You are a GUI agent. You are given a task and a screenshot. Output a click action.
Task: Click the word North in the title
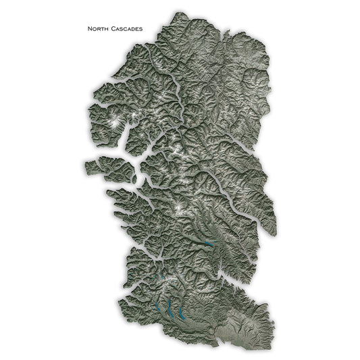point(98,29)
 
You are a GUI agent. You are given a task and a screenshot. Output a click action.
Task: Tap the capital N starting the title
point(89,29)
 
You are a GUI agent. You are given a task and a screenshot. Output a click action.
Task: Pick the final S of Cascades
point(141,29)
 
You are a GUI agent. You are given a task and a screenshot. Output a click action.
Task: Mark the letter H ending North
point(107,29)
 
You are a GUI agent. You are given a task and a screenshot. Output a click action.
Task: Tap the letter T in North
point(103,29)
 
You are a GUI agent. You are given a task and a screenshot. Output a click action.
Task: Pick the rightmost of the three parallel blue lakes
point(181,312)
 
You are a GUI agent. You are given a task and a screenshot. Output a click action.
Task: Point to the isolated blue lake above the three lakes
point(209,242)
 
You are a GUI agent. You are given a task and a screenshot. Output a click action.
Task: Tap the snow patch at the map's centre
point(179,206)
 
